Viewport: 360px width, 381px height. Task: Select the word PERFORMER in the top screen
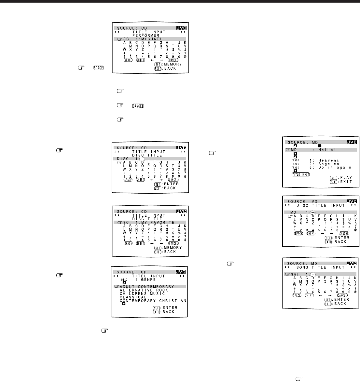click(x=145, y=35)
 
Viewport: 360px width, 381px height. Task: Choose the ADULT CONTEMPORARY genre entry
click(x=147, y=287)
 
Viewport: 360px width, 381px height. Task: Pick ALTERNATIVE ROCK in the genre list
click(x=144, y=290)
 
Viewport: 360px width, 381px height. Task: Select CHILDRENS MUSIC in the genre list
click(x=142, y=294)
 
